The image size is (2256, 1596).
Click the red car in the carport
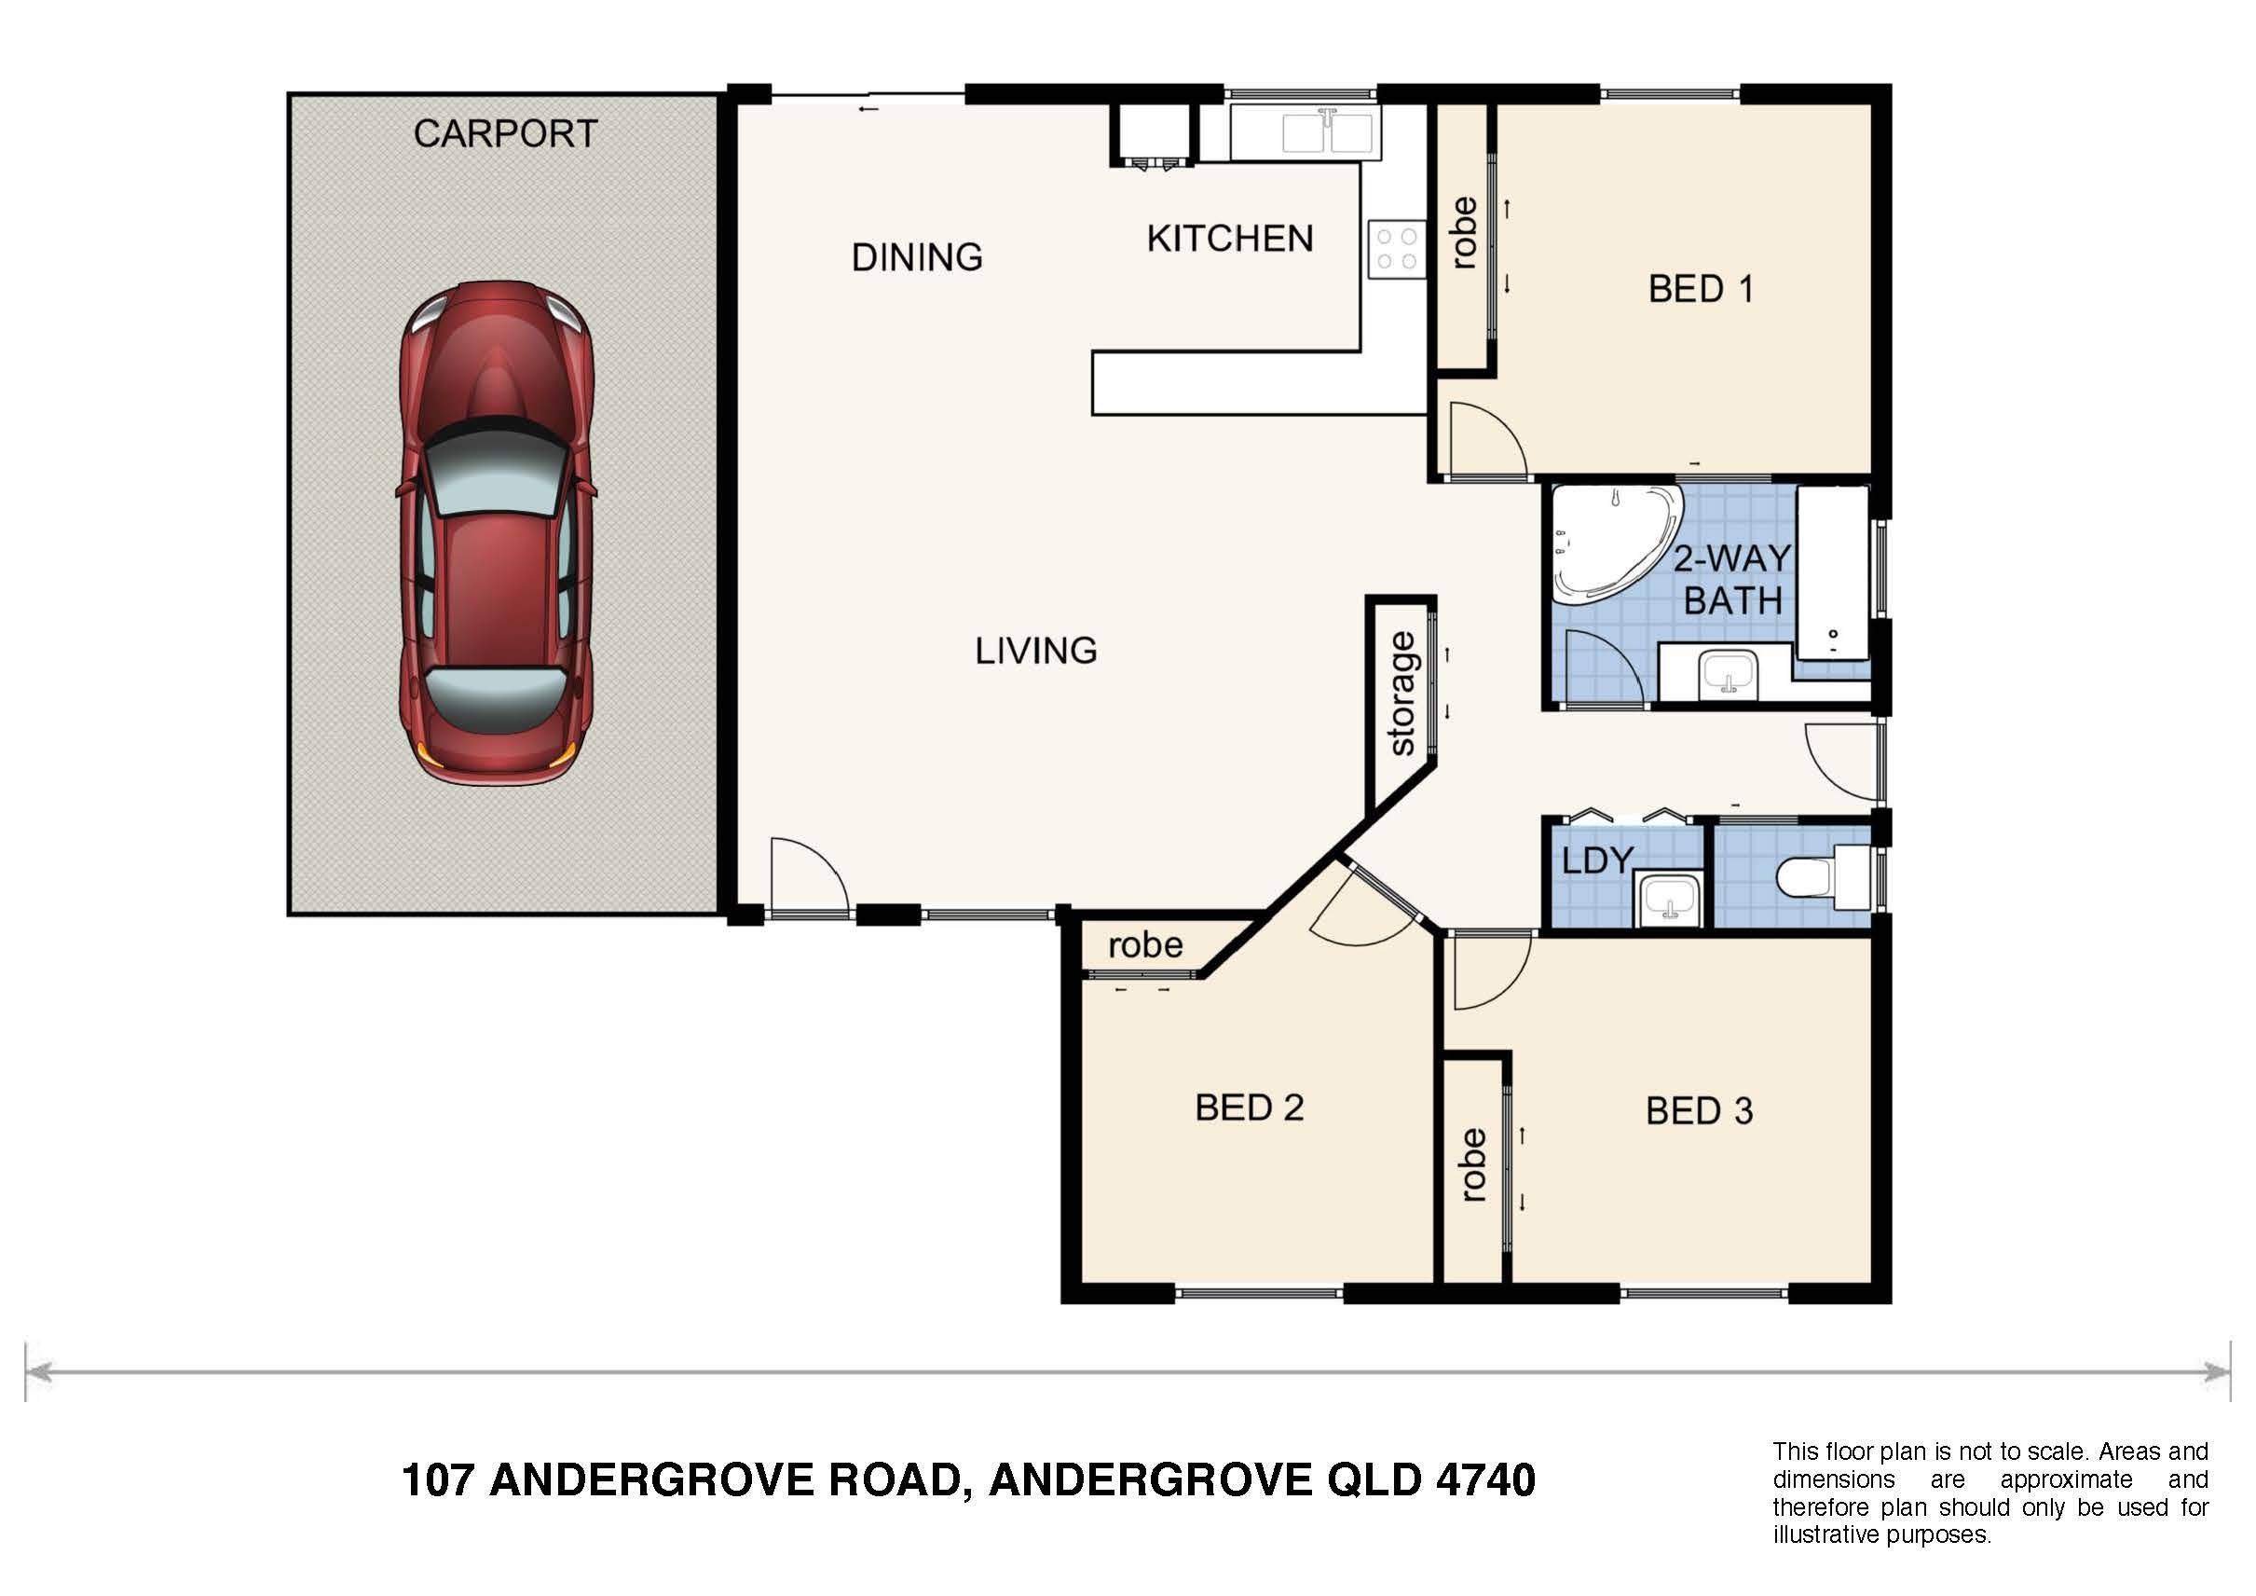496,531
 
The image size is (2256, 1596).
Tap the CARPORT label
505,133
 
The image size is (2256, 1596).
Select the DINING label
917,257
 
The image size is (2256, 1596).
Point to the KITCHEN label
1229,239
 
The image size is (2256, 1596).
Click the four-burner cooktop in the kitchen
1396,249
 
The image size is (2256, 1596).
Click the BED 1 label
1700,289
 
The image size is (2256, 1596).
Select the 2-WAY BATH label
1733,579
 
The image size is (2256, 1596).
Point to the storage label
1403,694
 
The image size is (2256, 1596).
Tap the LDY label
1596,860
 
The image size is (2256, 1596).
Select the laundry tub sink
1668,899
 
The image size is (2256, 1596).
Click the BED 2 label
1249,1108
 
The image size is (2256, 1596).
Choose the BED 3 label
1699,1110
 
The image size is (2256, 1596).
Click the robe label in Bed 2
1144,945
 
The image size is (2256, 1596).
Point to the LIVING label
1035,651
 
